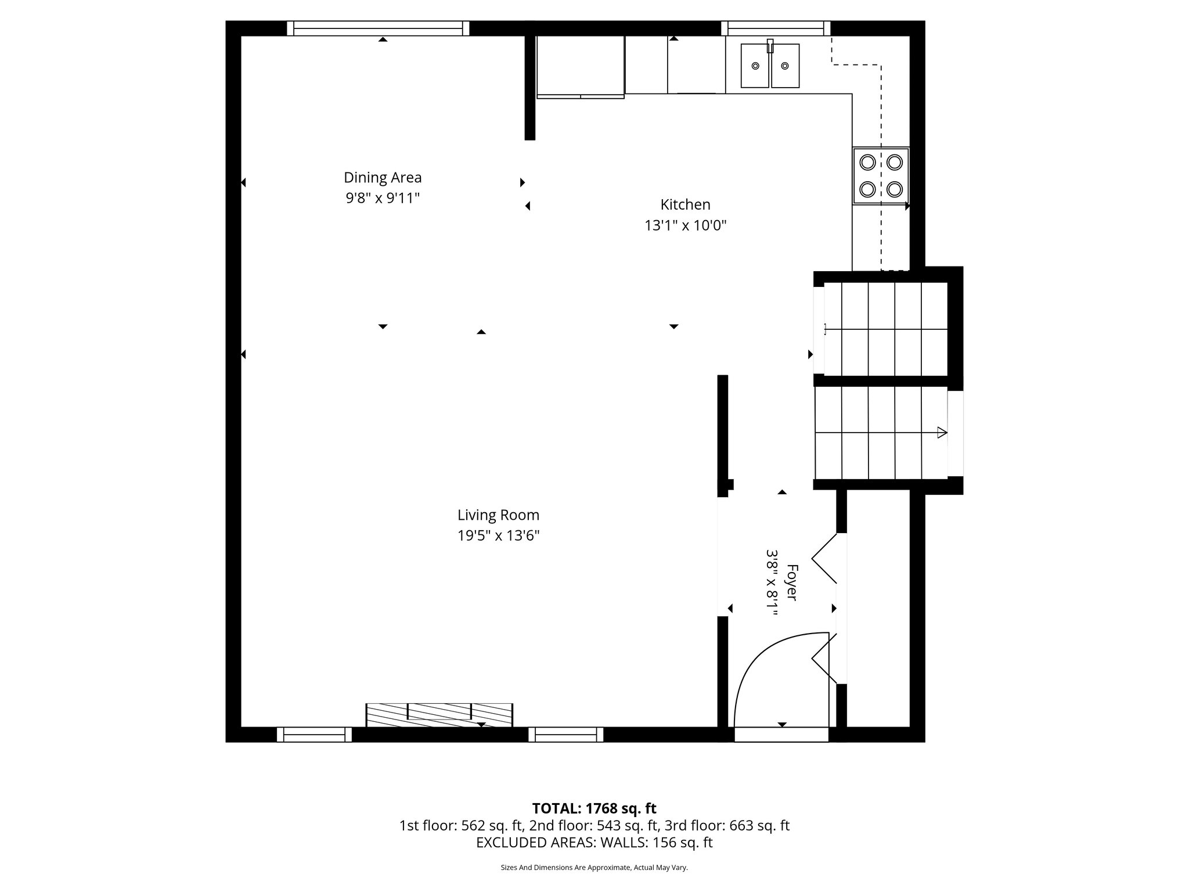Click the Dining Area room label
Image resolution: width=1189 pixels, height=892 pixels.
383,178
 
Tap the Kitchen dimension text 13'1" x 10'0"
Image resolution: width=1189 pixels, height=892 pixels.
685,225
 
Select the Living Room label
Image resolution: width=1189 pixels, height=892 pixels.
498,515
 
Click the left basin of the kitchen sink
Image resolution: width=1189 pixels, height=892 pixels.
755,66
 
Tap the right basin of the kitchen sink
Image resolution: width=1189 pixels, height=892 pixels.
785,66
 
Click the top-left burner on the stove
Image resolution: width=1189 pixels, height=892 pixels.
867,162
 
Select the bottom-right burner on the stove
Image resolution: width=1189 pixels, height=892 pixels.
895,189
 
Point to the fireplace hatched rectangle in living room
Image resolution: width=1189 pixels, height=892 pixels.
439,715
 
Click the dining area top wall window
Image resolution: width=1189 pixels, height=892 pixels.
378,28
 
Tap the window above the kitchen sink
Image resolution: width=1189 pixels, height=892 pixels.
776,28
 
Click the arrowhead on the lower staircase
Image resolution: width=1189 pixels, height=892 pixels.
942,433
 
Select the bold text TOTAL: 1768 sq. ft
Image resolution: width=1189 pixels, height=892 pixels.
594,808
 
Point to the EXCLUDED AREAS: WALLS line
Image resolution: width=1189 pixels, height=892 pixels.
594,843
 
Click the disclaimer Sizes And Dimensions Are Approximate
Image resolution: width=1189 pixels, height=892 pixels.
594,868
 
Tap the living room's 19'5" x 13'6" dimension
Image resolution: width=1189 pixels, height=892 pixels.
498,535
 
